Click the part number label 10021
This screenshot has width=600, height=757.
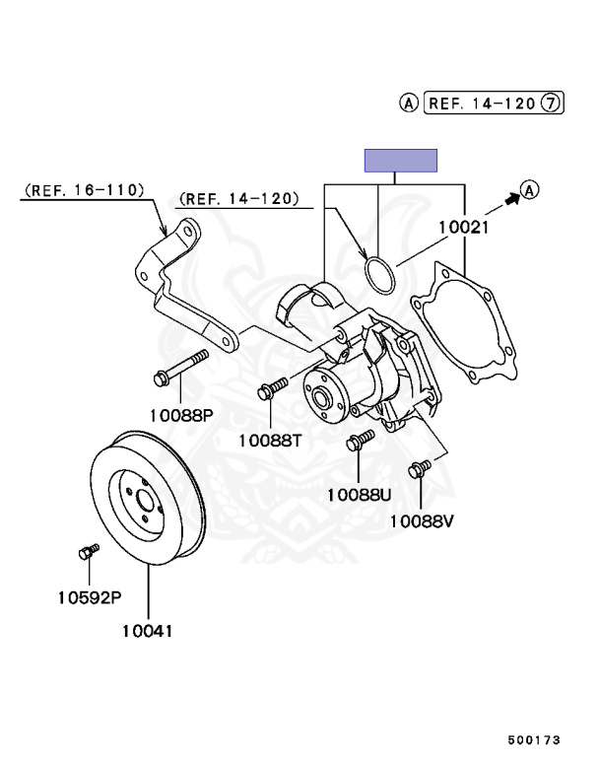point(464,227)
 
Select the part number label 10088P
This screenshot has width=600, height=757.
point(180,415)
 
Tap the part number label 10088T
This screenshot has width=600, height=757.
point(270,441)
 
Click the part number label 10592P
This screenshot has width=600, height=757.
point(89,597)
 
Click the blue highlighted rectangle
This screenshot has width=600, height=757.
point(401,161)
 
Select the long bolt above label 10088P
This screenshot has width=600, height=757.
point(182,368)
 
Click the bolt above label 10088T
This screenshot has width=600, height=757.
point(271,387)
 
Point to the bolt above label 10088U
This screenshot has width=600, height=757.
point(361,441)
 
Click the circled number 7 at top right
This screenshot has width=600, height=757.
point(552,101)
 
